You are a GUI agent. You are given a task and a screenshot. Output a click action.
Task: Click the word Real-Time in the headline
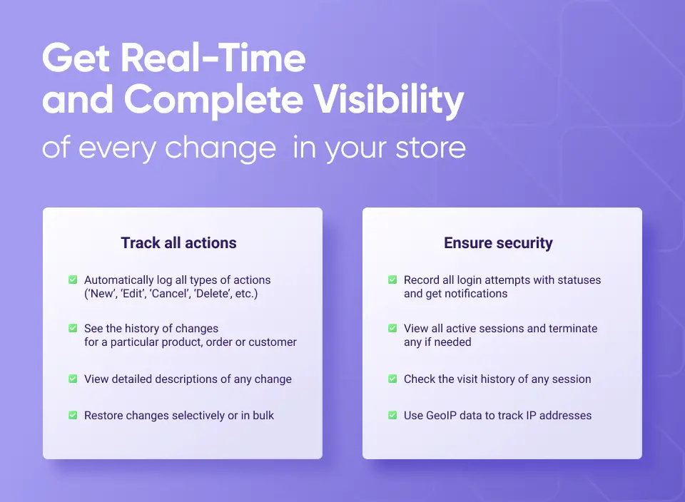tap(213, 58)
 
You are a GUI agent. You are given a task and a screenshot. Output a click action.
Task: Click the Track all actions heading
tap(178, 242)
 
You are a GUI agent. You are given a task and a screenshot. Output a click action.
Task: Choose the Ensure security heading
tap(499, 242)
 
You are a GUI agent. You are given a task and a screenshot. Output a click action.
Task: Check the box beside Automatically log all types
tap(73, 280)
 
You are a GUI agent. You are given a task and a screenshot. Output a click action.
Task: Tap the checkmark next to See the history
tap(73, 328)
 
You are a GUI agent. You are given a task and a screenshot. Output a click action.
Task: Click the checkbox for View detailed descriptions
tap(73, 379)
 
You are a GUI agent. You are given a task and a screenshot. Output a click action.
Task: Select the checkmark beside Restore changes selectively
tap(73, 415)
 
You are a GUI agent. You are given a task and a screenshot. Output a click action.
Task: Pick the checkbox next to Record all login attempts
tap(392, 280)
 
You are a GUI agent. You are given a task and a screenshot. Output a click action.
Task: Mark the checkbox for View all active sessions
tap(392, 328)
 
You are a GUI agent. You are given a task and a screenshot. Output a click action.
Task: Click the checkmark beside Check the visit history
tap(392, 379)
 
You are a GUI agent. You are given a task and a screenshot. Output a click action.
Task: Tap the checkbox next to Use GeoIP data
tap(392, 415)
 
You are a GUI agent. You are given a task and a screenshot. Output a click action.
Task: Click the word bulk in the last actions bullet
tap(263, 415)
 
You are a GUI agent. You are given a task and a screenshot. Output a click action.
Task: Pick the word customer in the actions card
tap(273, 342)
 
